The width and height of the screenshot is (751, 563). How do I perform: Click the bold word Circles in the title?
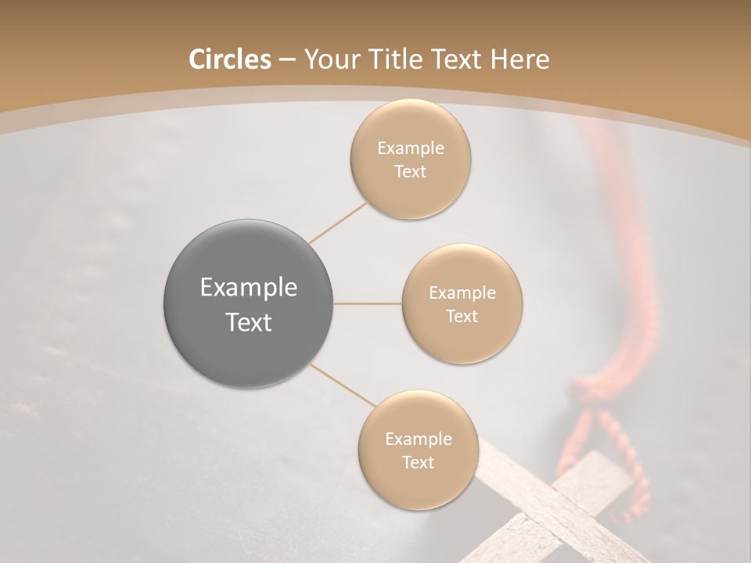click(x=229, y=59)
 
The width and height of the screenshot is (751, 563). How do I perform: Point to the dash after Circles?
click(x=287, y=60)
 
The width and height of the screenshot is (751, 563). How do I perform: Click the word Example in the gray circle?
click(x=249, y=288)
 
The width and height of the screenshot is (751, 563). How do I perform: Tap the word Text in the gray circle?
click(x=249, y=322)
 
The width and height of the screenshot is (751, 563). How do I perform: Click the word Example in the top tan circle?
click(x=411, y=149)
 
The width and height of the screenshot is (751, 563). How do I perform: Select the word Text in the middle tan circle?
click(x=462, y=317)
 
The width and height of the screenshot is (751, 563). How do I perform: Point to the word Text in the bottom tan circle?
click(x=419, y=463)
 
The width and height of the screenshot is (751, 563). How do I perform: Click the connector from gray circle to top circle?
click(x=338, y=222)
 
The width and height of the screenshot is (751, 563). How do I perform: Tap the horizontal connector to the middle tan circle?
click(x=368, y=303)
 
